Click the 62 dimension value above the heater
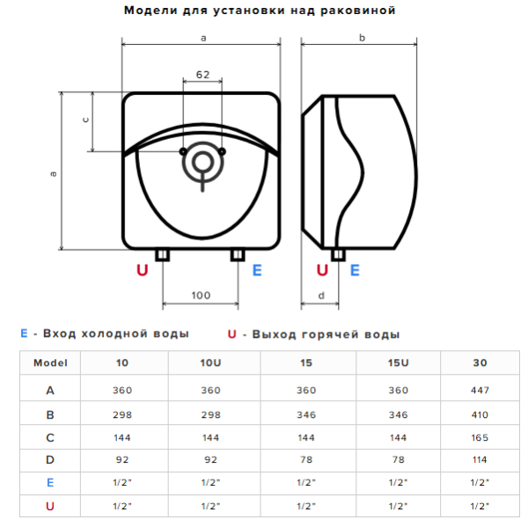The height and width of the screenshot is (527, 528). click(x=202, y=75)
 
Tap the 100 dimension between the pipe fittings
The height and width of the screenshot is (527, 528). click(x=201, y=296)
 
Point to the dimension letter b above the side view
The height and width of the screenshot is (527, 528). click(x=362, y=37)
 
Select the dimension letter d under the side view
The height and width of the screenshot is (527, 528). click(x=321, y=296)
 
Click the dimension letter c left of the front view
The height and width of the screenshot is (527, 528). click(x=85, y=120)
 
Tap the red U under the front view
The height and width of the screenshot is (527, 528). click(x=143, y=270)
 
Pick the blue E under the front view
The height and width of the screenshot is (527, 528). click(x=257, y=270)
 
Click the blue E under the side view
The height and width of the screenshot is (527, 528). click(x=355, y=270)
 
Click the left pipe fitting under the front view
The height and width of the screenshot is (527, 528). click(x=162, y=255)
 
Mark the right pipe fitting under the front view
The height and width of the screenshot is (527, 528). click(x=238, y=255)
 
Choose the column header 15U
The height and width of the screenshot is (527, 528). click(x=398, y=362)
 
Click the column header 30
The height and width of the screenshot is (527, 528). click(x=480, y=362)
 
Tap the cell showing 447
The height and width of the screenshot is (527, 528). click(x=480, y=391)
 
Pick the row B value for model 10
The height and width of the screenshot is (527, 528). click(x=122, y=414)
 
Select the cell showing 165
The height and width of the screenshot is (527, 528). click(x=480, y=437)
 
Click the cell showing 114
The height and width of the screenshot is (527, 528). click(x=480, y=459)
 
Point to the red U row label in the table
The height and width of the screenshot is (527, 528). click(x=50, y=506)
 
